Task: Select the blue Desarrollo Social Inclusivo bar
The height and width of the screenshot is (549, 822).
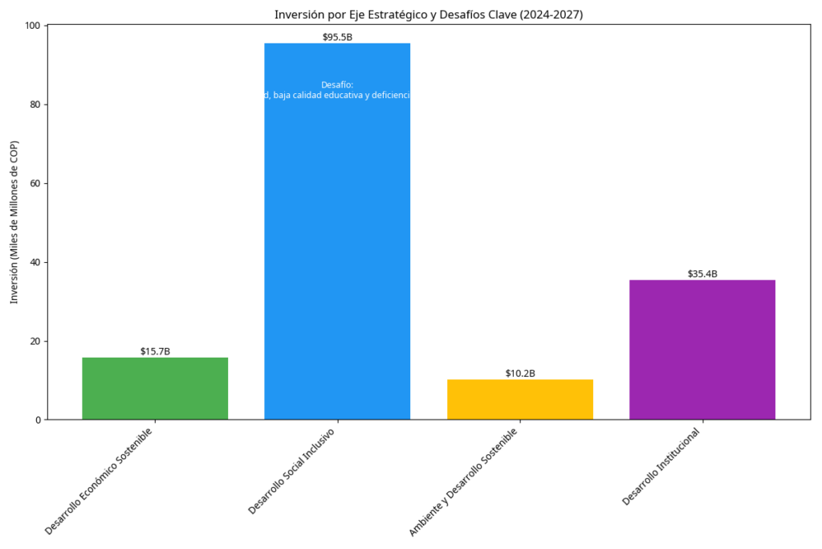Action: click(x=337, y=241)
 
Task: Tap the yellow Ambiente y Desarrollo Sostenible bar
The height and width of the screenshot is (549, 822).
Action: click(x=519, y=399)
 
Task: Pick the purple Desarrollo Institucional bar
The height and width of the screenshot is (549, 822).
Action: click(x=702, y=350)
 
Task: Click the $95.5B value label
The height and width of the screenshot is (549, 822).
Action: click(x=337, y=37)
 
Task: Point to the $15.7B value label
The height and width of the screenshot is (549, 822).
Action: click(x=155, y=351)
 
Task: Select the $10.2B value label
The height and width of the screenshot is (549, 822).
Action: click(x=519, y=373)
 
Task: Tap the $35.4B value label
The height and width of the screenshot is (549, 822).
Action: click(x=702, y=274)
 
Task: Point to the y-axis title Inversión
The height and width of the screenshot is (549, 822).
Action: click(x=14, y=222)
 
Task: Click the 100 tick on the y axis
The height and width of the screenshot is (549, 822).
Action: click(x=32, y=26)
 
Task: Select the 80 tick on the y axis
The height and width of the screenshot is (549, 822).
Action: click(x=35, y=104)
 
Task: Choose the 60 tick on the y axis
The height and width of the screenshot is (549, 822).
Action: click(x=35, y=183)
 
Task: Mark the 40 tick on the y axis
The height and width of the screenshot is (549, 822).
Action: click(x=35, y=262)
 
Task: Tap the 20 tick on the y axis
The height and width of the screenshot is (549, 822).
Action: click(x=35, y=341)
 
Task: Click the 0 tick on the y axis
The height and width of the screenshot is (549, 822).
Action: click(x=37, y=420)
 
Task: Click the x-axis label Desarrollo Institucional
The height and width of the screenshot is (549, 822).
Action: click(x=662, y=466)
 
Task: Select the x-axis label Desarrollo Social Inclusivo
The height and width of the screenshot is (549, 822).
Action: click(x=292, y=471)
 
